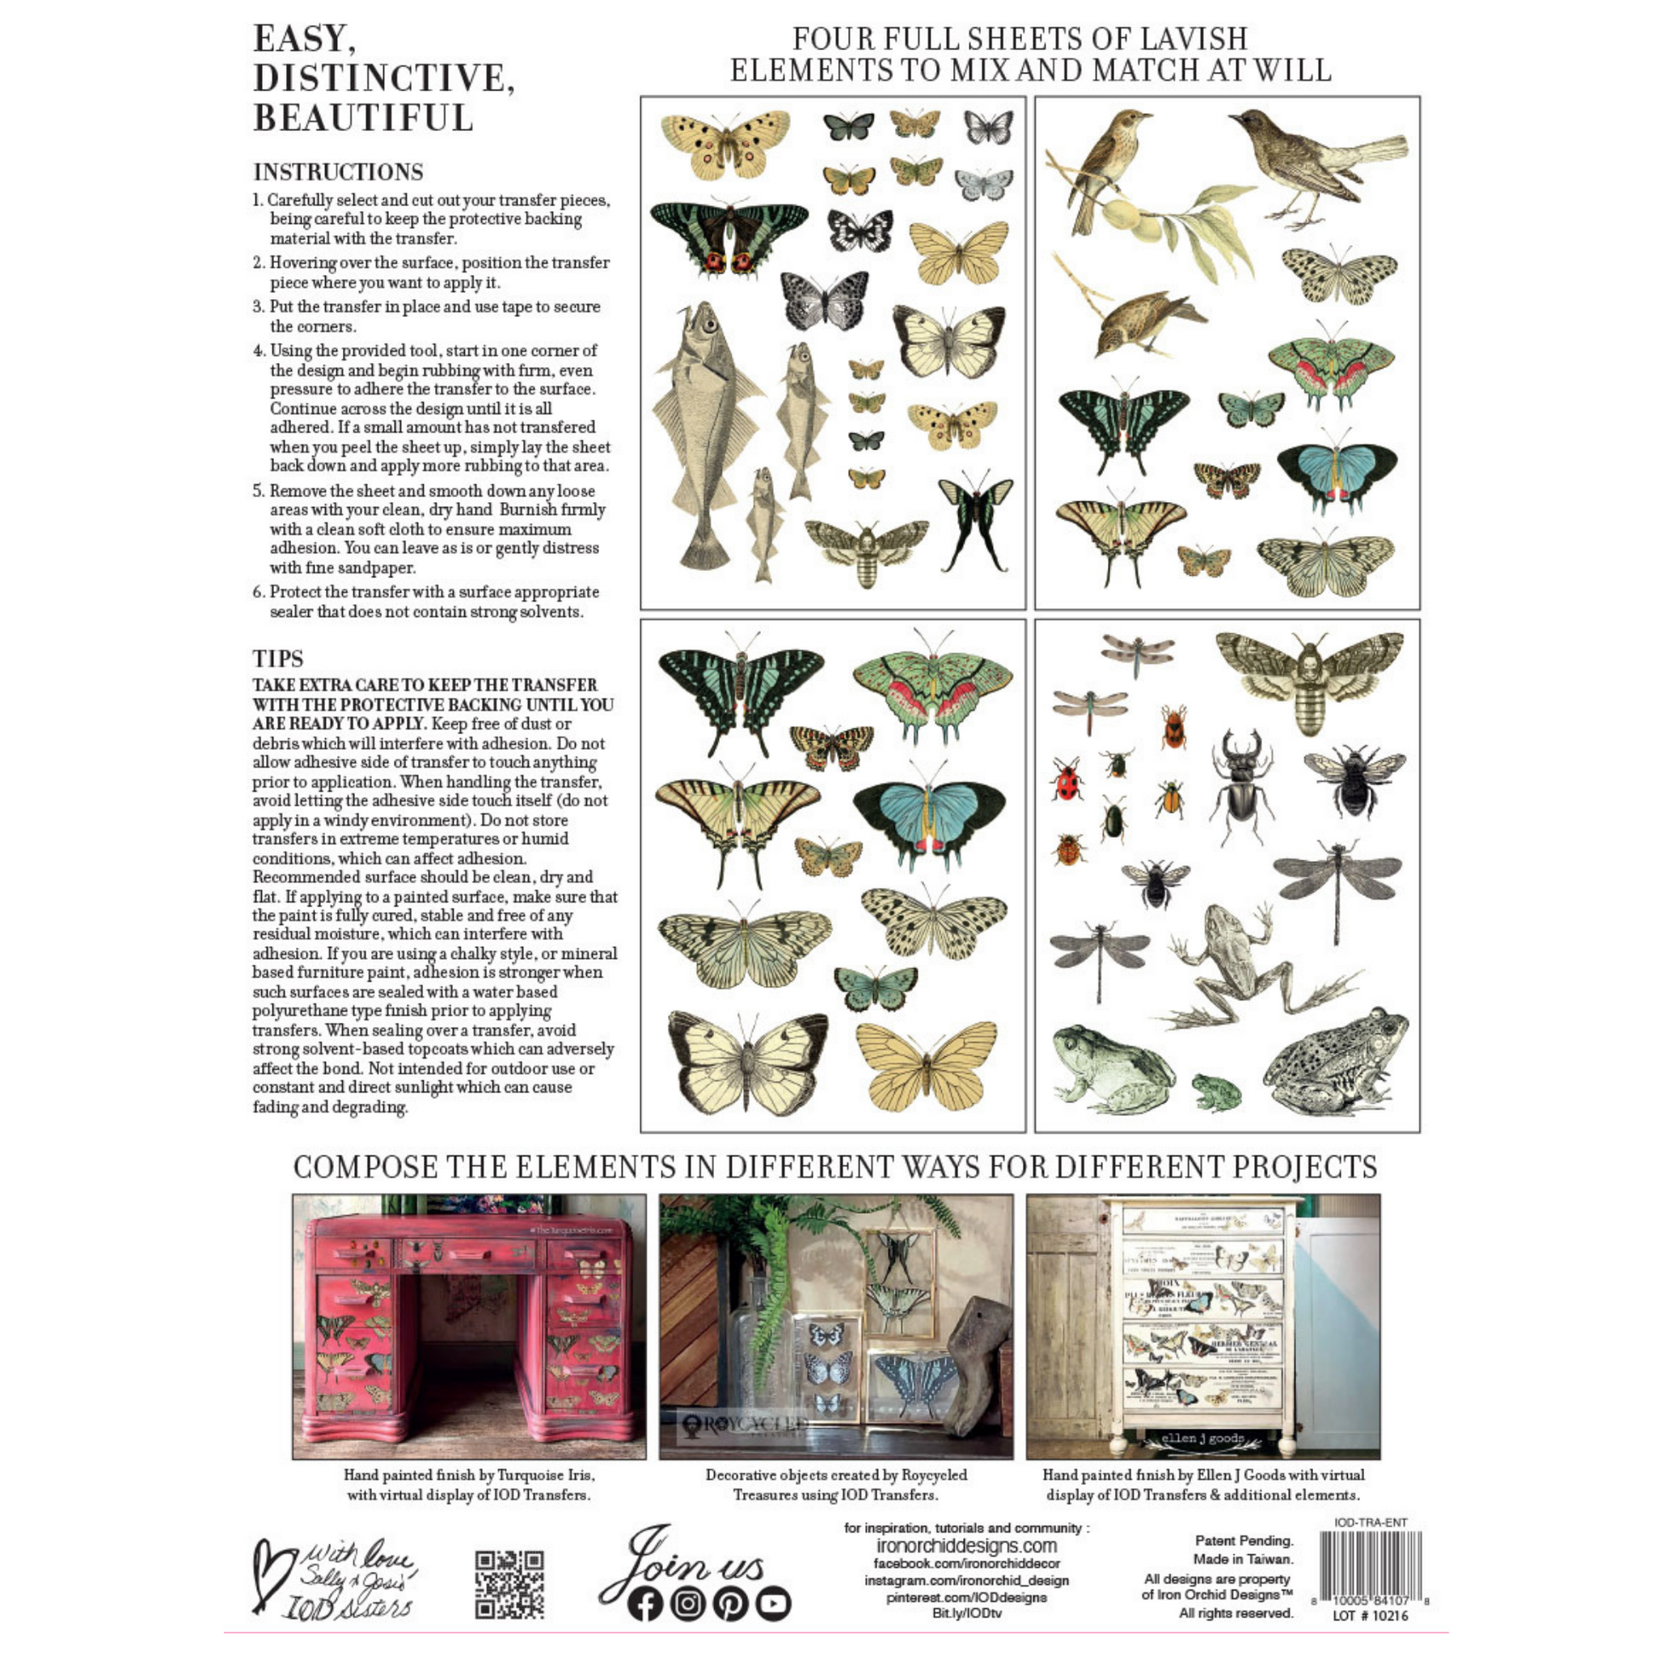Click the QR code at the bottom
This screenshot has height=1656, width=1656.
pos(509,1584)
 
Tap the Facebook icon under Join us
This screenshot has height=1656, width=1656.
pos(644,1604)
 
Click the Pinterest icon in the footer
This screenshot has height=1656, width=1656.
pos(730,1604)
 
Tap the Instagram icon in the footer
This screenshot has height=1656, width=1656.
pos(688,1604)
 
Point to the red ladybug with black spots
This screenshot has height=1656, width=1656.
pos(1065,780)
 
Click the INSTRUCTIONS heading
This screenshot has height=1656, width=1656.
pos(338,172)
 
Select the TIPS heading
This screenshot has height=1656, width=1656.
pos(277,659)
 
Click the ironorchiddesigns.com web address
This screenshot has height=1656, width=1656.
pos(966,1545)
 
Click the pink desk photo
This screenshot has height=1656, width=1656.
pos(469,1326)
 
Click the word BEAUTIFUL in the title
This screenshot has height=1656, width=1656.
pos(363,118)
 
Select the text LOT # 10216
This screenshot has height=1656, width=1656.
pos(1370,1616)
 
